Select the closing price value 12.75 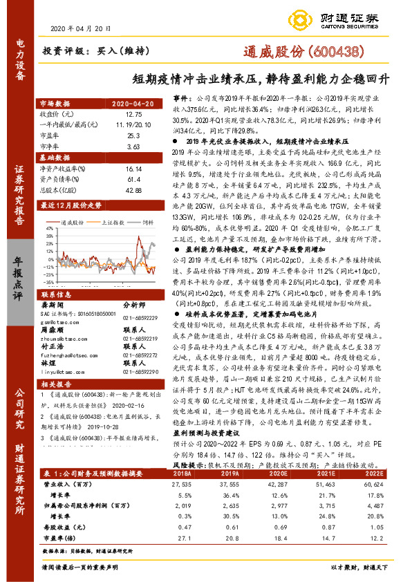click(134, 113)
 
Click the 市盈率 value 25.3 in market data click(134, 137)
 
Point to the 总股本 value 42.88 click(134, 189)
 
